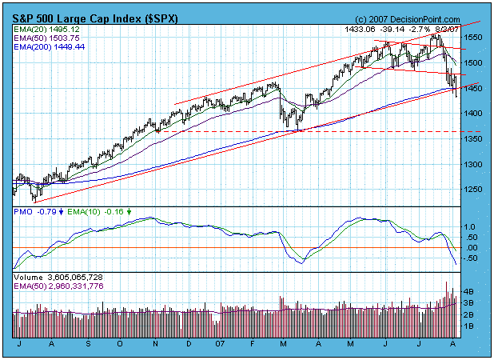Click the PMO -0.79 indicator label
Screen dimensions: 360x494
(x=37, y=212)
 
